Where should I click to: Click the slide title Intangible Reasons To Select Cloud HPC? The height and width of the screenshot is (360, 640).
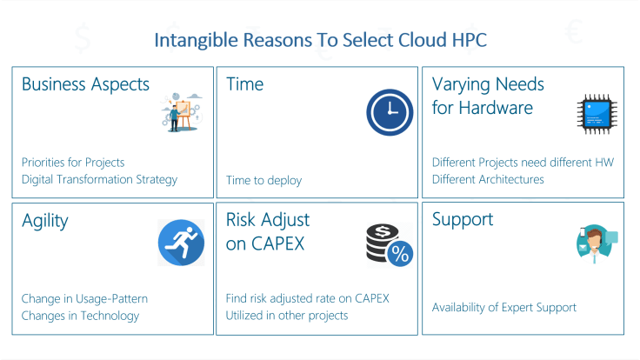(320, 40)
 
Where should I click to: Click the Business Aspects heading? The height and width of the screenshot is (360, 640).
(85, 84)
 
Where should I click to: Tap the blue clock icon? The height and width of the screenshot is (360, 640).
(390, 113)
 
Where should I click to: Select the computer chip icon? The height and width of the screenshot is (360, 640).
(597, 114)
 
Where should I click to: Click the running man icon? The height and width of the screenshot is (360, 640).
(181, 243)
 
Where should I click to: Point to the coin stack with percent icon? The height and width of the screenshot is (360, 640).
(389, 244)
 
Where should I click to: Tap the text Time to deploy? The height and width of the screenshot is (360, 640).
(263, 180)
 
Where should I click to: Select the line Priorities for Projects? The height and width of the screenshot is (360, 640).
(73, 163)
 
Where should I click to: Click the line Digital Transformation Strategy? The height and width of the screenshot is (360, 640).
(99, 180)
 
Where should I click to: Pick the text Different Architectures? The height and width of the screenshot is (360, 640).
(488, 180)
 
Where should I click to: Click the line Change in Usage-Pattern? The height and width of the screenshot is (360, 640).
(84, 298)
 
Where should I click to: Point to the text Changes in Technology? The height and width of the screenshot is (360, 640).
(80, 316)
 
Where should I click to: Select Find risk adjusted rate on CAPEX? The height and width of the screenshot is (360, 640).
(307, 298)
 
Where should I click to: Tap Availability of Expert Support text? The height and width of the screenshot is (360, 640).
(503, 307)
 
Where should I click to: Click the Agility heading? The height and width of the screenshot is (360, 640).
(44, 221)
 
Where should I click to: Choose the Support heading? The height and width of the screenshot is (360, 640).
(463, 220)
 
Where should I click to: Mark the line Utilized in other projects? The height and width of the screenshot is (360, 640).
(287, 316)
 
